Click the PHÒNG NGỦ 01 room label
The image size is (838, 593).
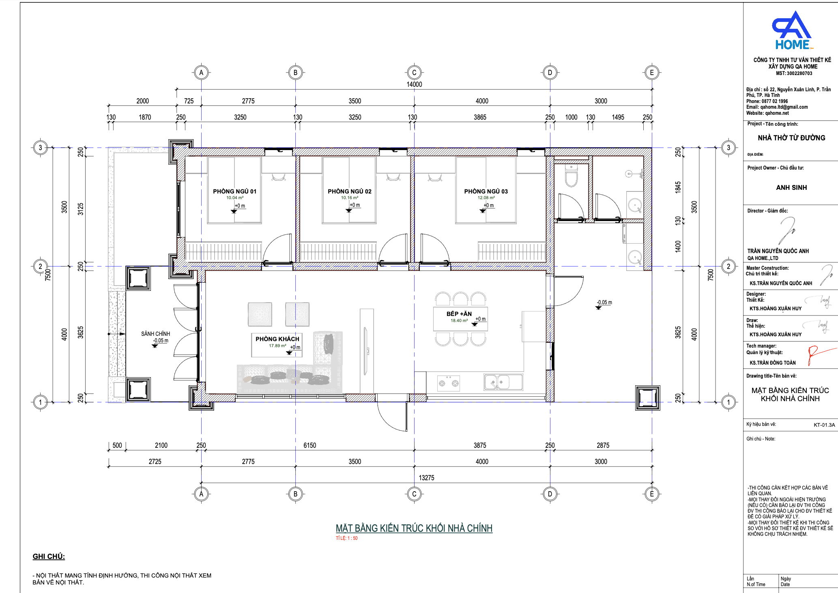tap(234, 191)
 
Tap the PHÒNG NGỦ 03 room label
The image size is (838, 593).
tap(486, 191)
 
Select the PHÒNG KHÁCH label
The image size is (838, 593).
tap(277, 339)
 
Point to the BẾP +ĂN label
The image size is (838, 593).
tap(459, 314)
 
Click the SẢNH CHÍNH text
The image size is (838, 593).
tap(155, 334)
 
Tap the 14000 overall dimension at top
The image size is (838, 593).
tap(414, 84)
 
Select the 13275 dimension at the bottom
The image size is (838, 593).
tap(426, 478)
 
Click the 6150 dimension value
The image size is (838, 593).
tap(310, 445)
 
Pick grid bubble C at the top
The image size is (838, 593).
tap(414, 73)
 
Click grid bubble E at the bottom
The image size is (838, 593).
tap(652, 494)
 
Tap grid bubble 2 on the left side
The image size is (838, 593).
tap(40, 266)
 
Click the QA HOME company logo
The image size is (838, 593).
tap(792, 30)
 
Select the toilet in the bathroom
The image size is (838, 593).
tap(571, 175)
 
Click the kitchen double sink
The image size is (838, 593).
tap(503, 382)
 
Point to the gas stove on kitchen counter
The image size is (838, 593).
tap(448, 383)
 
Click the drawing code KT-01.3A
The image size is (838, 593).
tap(824, 425)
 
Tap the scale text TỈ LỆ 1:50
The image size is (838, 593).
tap(347, 538)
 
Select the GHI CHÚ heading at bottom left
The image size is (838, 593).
tap(49, 556)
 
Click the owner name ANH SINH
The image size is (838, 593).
tap(791, 187)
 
